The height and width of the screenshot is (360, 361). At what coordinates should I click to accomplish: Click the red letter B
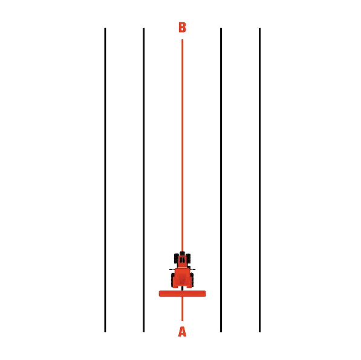click(x=182, y=27)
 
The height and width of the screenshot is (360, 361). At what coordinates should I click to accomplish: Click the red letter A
click(x=182, y=332)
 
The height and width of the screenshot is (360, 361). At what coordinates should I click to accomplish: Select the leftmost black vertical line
click(x=105, y=180)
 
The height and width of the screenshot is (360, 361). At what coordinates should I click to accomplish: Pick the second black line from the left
click(x=144, y=180)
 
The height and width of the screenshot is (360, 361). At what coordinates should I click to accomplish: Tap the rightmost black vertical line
click(x=259, y=180)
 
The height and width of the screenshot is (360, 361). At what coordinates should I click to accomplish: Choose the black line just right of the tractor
click(x=221, y=180)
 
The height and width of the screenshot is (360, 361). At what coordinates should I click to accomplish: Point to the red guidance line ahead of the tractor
click(x=183, y=146)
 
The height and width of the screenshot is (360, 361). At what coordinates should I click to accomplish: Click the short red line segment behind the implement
click(x=183, y=309)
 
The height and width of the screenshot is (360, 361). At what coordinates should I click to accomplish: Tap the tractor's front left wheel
click(x=177, y=259)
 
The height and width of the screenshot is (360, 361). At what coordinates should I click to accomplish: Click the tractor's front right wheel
click(x=188, y=259)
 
